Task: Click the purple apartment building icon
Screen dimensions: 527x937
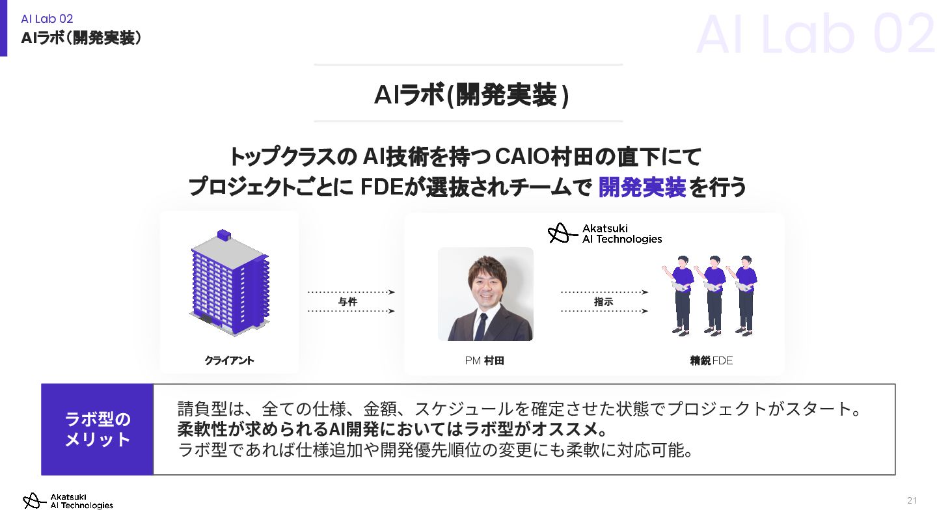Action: [229, 283]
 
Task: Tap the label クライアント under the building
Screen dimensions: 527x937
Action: [229, 360]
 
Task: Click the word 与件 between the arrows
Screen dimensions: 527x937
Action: [348, 302]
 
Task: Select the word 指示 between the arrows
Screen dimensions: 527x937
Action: [603, 302]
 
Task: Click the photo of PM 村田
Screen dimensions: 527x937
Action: [485, 294]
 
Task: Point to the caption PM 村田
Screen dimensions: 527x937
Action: [485, 360]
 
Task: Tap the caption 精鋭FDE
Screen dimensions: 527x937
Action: [711, 360]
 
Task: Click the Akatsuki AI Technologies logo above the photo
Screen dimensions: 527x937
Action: [605, 234]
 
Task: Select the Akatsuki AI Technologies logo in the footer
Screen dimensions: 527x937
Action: [68, 501]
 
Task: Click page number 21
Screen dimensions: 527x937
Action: [912, 500]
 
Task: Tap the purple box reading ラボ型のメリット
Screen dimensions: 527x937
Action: [98, 429]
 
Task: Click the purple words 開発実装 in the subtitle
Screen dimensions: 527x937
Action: [642, 187]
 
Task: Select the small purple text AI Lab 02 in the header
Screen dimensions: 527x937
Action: [47, 19]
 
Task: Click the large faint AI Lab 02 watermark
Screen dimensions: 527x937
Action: [815, 34]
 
